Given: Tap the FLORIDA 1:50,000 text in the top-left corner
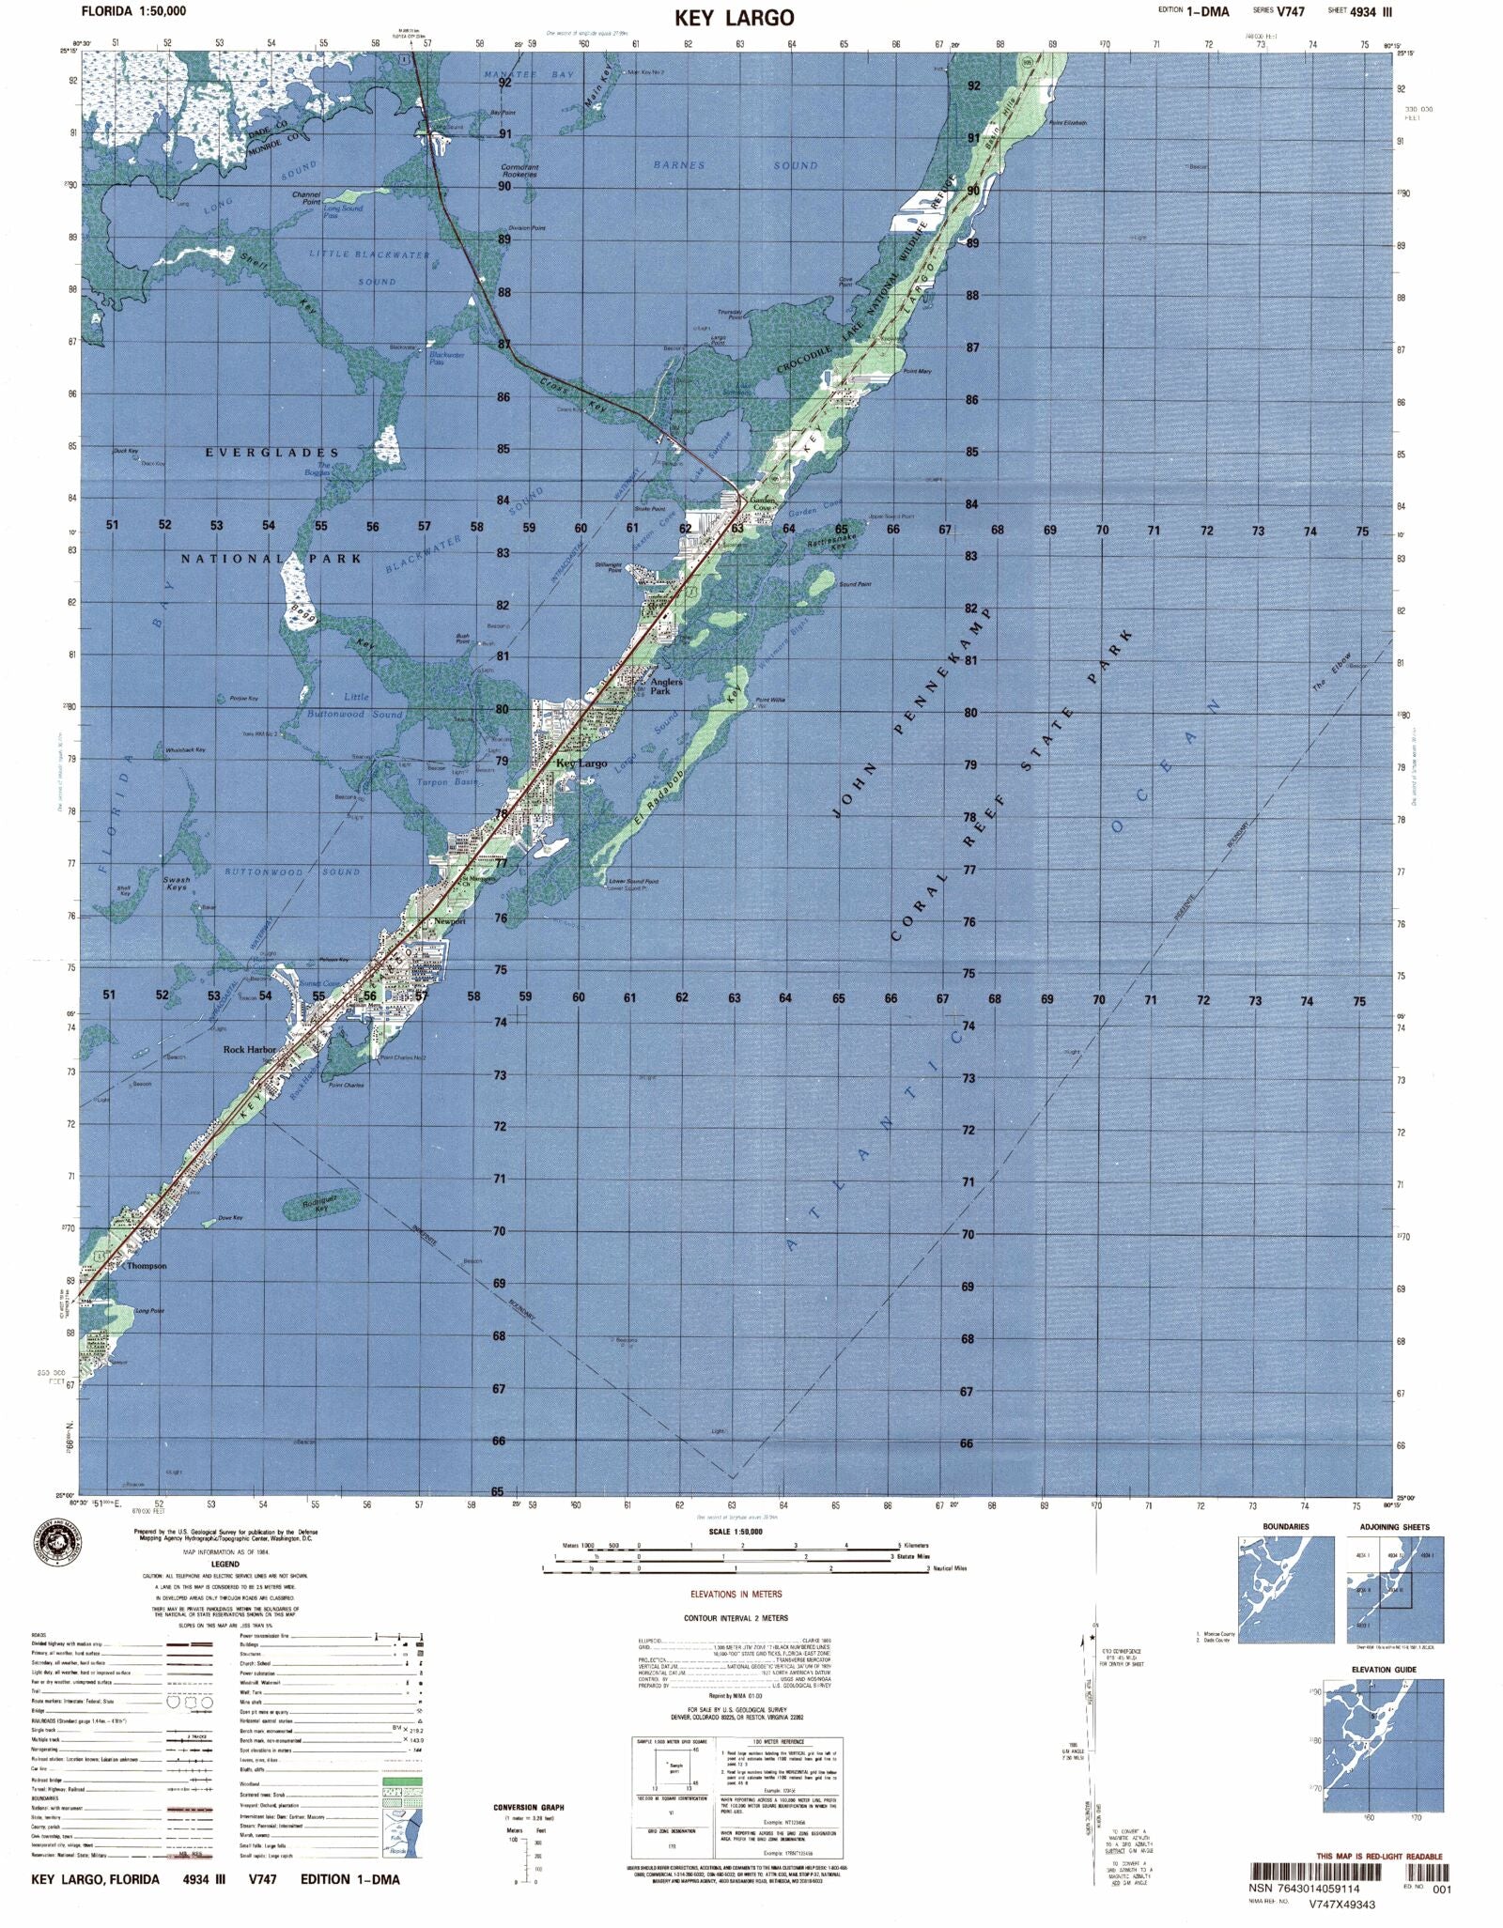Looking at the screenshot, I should click(133, 11).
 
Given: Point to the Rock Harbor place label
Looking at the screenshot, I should click(249, 1050).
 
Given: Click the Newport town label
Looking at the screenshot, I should click(451, 921).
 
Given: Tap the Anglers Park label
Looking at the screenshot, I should click(660, 686).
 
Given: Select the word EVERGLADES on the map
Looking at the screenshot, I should click(271, 453).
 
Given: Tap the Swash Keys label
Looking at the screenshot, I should click(177, 884).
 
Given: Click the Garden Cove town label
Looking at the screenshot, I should click(763, 503).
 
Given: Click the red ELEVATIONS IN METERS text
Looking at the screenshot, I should click(736, 1594).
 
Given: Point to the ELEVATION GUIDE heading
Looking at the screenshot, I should click(1384, 1670).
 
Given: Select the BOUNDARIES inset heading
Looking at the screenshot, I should click(1285, 1527).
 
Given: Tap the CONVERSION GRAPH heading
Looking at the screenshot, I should click(529, 1807).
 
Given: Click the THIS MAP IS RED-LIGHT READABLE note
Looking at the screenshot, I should click(1379, 1857).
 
